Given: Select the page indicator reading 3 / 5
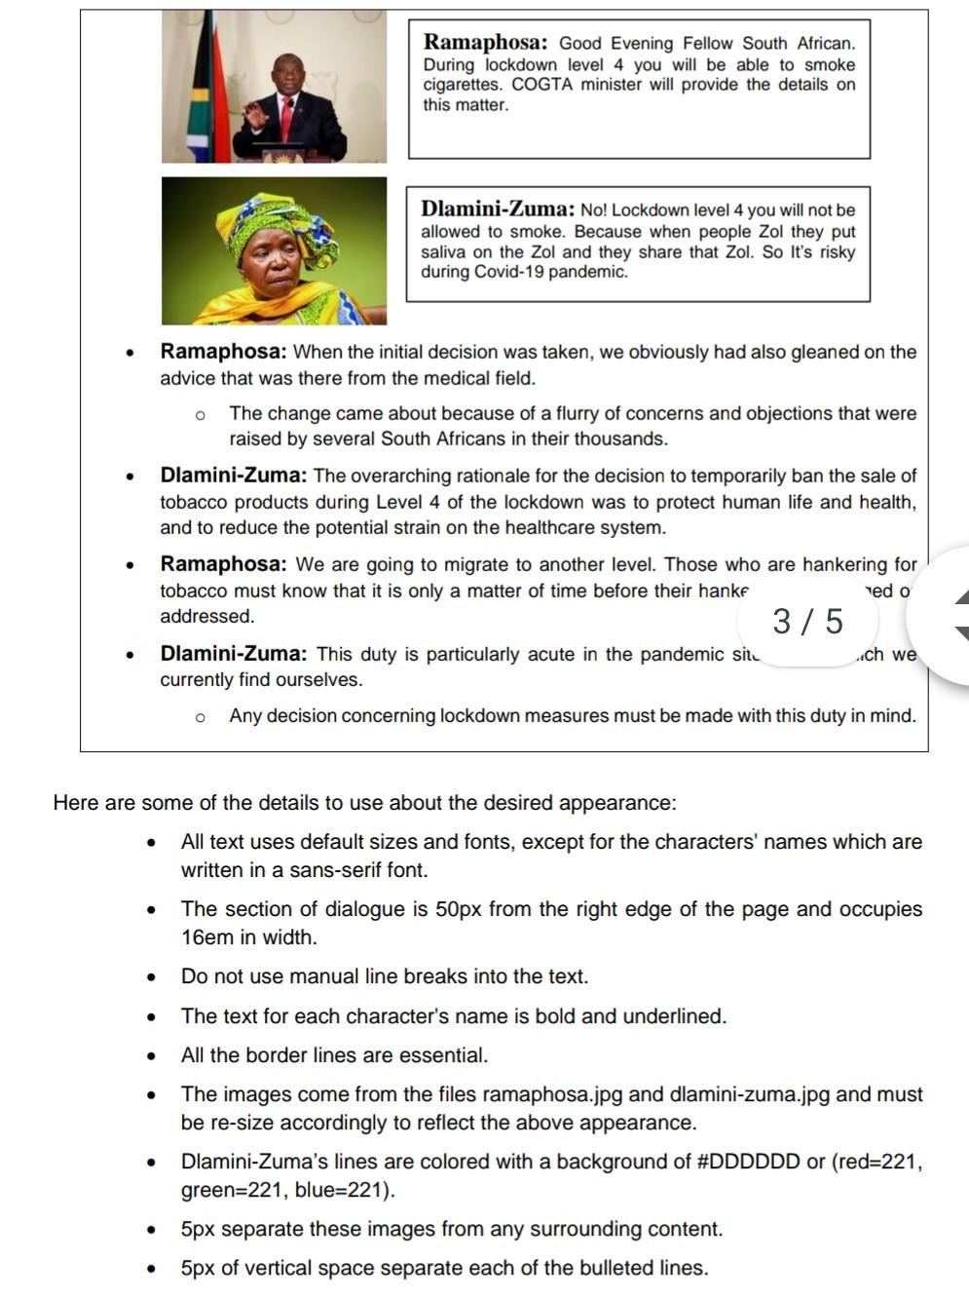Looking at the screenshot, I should [807, 621].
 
